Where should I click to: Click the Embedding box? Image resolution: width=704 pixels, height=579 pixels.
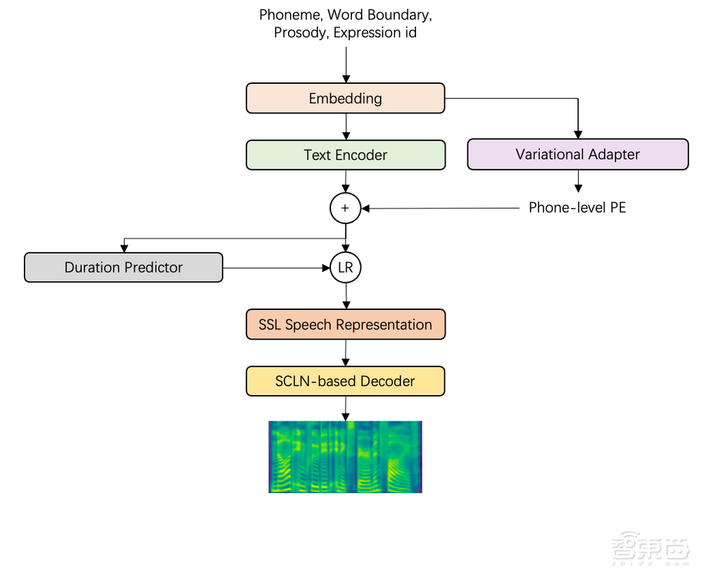coord(345,99)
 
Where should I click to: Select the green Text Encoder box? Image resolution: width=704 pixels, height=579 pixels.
coord(345,155)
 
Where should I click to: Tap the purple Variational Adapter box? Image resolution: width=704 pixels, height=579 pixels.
coord(577,155)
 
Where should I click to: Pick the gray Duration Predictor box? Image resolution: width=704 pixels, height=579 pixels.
coord(123,268)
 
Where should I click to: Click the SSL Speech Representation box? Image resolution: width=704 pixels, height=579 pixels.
coord(345,325)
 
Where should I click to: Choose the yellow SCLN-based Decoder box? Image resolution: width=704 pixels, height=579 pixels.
coord(345,381)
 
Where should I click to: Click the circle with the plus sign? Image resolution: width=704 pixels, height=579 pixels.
coord(345,208)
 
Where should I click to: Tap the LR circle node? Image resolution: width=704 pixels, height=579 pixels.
coord(345,268)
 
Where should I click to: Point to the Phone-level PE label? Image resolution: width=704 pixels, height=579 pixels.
coord(577,208)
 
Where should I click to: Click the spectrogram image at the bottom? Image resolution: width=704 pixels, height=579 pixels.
coord(345,456)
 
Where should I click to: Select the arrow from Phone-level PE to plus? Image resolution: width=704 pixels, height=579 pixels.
coord(440,208)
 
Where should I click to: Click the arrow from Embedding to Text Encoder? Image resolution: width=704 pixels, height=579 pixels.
coord(345,126)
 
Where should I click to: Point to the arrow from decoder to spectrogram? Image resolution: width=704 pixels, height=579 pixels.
coord(345,409)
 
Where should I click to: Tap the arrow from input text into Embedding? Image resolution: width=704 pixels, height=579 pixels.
coord(345,63)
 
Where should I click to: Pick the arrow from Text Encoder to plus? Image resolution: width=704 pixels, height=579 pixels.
coord(345,182)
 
